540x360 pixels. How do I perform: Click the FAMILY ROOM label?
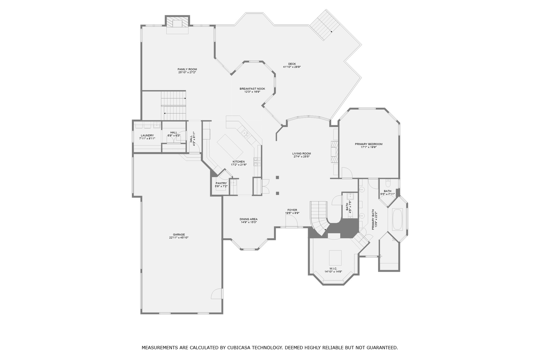pyautogui.click(x=187, y=69)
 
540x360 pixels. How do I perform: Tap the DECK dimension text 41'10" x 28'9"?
pyautogui.click(x=292, y=67)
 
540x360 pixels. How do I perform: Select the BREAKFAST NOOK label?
pyautogui.click(x=252, y=89)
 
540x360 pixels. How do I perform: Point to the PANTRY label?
pyautogui.click(x=221, y=183)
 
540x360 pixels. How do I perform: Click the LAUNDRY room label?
pyautogui.click(x=147, y=135)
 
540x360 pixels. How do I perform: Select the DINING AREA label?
pyautogui.click(x=248, y=219)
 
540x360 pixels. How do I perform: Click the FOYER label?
pyautogui.click(x=292, y=210)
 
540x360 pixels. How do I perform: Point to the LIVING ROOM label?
pyautogui.click(x=301, y=154)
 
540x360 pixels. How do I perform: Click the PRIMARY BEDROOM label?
pyautogui.click(x=368, y=144)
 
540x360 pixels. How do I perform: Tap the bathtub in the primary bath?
pyautogui.click(x=397, y=219)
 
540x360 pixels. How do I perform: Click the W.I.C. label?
pyautogui.click(x=333, y=269)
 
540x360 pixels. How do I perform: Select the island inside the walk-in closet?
pyautogui.click(x=335, y=257)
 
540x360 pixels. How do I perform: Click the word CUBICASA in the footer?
pyautogui.click(x=240, y=348)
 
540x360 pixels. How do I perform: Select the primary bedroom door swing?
pyautogui.click(x=346, y=173)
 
